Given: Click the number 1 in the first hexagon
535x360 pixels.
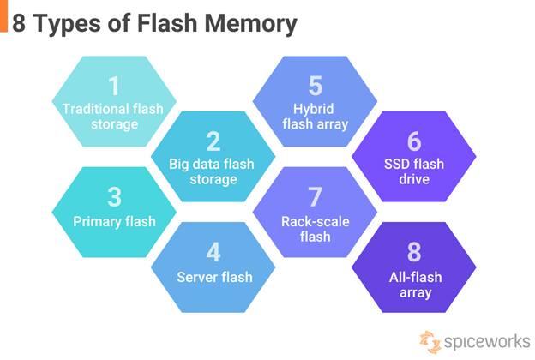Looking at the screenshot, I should pyautogui.click(x=113, y=86).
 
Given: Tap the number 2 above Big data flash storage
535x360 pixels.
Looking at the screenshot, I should pyautogui.click(x=213, y=141).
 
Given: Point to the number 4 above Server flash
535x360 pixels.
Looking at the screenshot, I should pyautogui.click(x=213, y=252).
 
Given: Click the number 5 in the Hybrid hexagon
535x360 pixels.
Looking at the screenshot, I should pyautogui.click(x=314, y=86).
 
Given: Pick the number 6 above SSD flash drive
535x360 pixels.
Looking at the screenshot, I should pyautogui.click(x=414, y=141).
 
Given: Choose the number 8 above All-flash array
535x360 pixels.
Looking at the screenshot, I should pyautogui.click(x=414, y=252).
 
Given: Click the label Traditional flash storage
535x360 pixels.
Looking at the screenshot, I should pyautogui.click(x=113, y=117).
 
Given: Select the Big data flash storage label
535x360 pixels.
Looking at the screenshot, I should pyautogui.click(x=213, y=171).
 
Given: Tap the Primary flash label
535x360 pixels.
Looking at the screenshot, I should pyautogui.click(x=114, y=221).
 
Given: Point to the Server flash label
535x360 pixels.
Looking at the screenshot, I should pyautogui.click(x=213, y=277).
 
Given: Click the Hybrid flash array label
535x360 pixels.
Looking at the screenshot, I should pyautogui.click(x=314, y=117).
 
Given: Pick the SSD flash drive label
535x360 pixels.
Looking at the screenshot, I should pyautogui.click(x=414, y=171).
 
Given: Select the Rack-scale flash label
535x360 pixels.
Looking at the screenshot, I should pyautogui.click(x=314, y=228).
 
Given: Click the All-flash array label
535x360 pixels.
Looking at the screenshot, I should pyautogui.click(x=414, y=284).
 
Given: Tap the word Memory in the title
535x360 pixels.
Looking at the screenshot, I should pyautogui.click(x=252, y=23).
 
